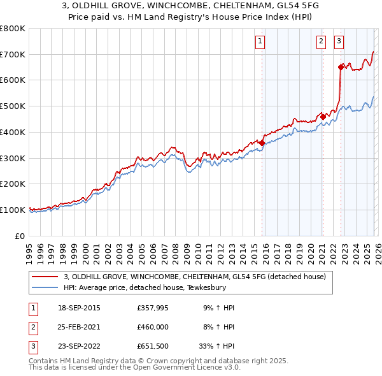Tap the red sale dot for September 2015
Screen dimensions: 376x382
click(x=262, y=143)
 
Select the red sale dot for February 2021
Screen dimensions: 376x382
click(x=323, y=117)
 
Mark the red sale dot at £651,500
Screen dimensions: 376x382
click(x=341, y=66)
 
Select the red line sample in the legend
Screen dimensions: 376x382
click(x=45, y=277)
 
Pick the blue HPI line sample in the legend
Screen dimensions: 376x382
click(x=45, y=287)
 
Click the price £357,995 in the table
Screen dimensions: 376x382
click(x=152, y=308)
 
